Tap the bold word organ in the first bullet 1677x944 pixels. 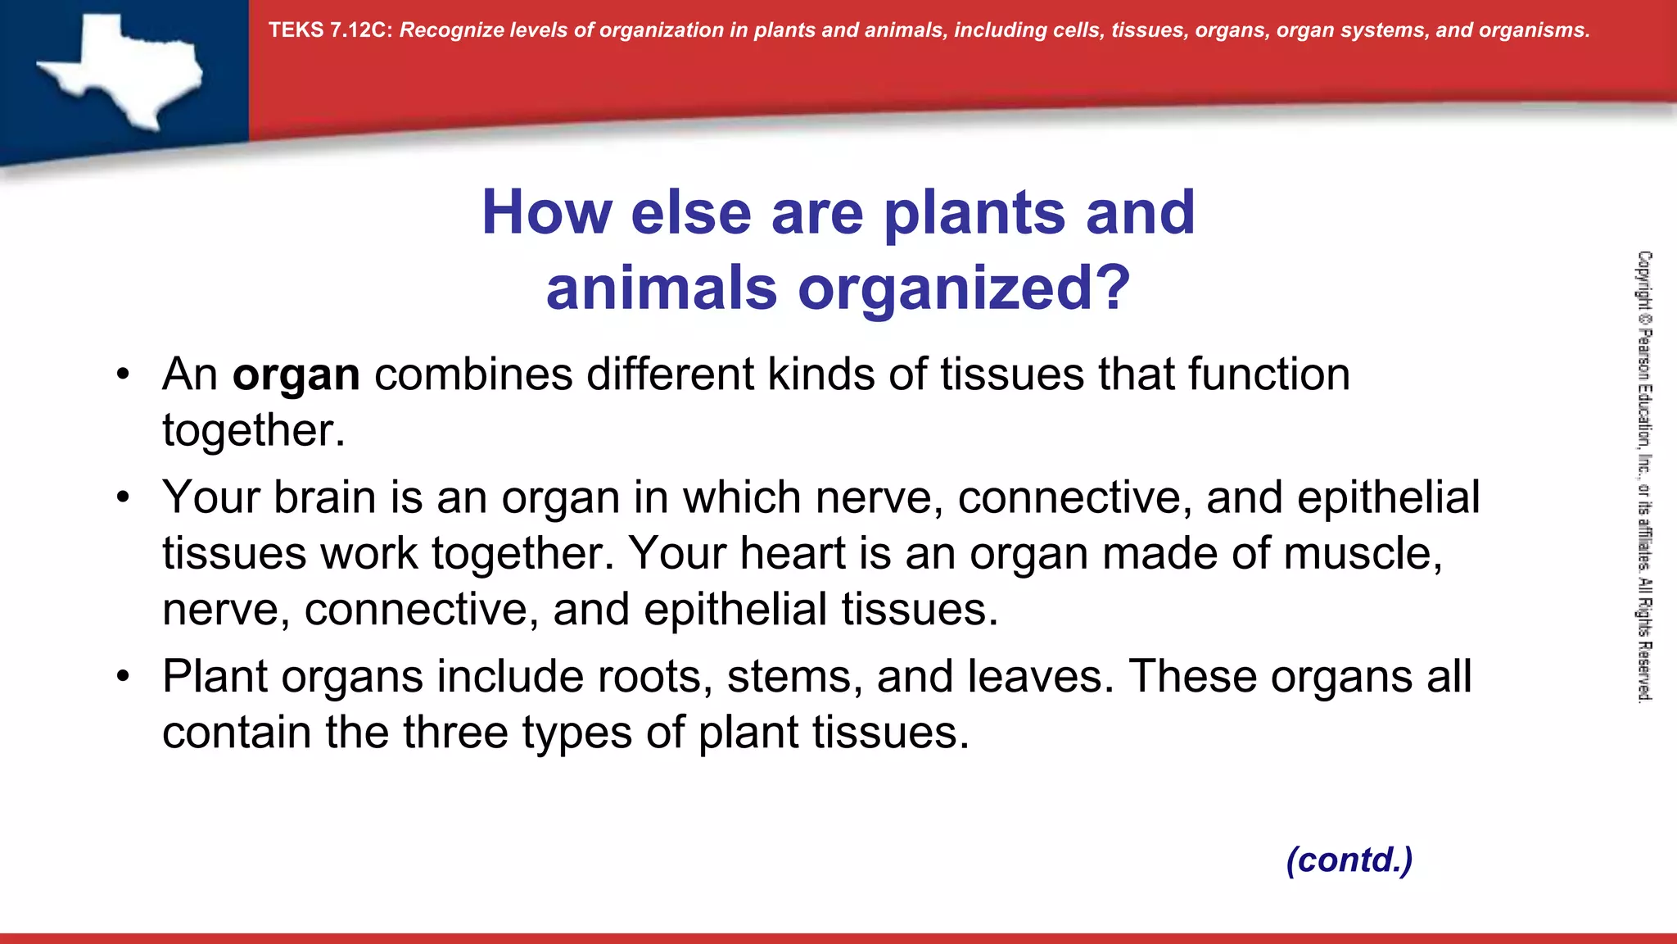(296, 375)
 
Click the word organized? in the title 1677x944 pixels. (964, 288)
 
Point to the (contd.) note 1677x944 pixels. (1349, 860)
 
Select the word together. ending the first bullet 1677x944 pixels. (254, 431)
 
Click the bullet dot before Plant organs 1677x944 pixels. (123, 677)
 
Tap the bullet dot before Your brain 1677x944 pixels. (123, 497)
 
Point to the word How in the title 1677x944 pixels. (546, 213)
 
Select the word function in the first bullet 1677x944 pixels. (1268, 375)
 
